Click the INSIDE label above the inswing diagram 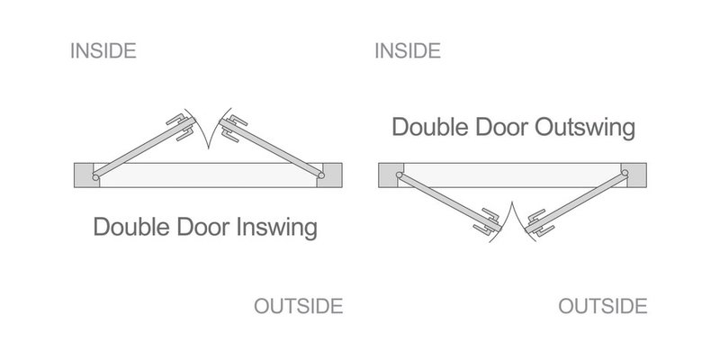103,50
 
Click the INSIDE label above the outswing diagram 408,50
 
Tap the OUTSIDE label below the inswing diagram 299,306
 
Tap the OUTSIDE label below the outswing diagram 603,306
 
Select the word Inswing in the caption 277,228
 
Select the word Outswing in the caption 585,127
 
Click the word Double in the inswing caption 132,227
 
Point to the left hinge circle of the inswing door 95,177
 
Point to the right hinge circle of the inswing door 321,175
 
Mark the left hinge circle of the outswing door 399,175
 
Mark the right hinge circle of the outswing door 625,173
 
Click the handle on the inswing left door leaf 181,126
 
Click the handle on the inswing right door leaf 234,128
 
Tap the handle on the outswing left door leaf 487,222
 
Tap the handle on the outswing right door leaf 540,222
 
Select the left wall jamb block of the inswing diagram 85,175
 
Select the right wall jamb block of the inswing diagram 329,175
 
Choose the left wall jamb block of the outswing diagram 391,175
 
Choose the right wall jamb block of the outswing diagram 634,175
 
